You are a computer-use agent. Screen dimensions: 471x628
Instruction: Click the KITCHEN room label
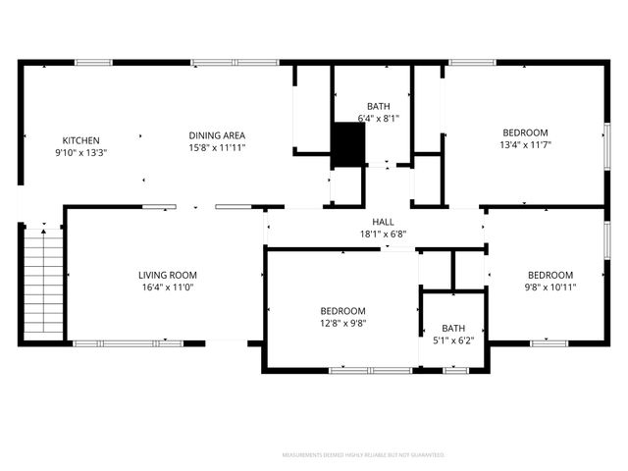[x=80, y=140]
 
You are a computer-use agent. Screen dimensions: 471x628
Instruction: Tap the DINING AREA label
[x=217, y=135]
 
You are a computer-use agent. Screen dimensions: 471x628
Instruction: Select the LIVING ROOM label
[x=168, y=275]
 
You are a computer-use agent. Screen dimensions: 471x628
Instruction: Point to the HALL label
[x=383, y=222]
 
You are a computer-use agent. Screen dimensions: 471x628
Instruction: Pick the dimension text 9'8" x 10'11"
[x=550, y=288]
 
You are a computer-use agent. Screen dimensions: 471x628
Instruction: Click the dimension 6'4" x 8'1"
[x=379, y=118]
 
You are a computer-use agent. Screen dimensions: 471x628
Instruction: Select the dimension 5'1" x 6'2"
[x=453, y=340]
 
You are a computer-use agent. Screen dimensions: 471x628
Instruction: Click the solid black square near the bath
[x=346, y=144]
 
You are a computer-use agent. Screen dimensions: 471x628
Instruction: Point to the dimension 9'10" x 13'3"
[x=80, y=152]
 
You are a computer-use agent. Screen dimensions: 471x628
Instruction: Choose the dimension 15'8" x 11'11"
[x=217, y=147]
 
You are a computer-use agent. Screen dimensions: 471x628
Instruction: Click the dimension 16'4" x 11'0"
[x=168, y=288]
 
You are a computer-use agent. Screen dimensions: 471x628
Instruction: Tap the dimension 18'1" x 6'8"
[x=383, y=234]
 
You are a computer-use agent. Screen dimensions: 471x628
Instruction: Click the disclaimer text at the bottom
[x=363, y=455]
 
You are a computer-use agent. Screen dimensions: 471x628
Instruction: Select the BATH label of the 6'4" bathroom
[x=379, y=106]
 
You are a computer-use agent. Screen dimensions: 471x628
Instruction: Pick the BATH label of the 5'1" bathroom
[x=453, y=329]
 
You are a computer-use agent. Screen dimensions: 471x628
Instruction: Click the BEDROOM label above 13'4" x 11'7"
[x=525, y=133]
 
